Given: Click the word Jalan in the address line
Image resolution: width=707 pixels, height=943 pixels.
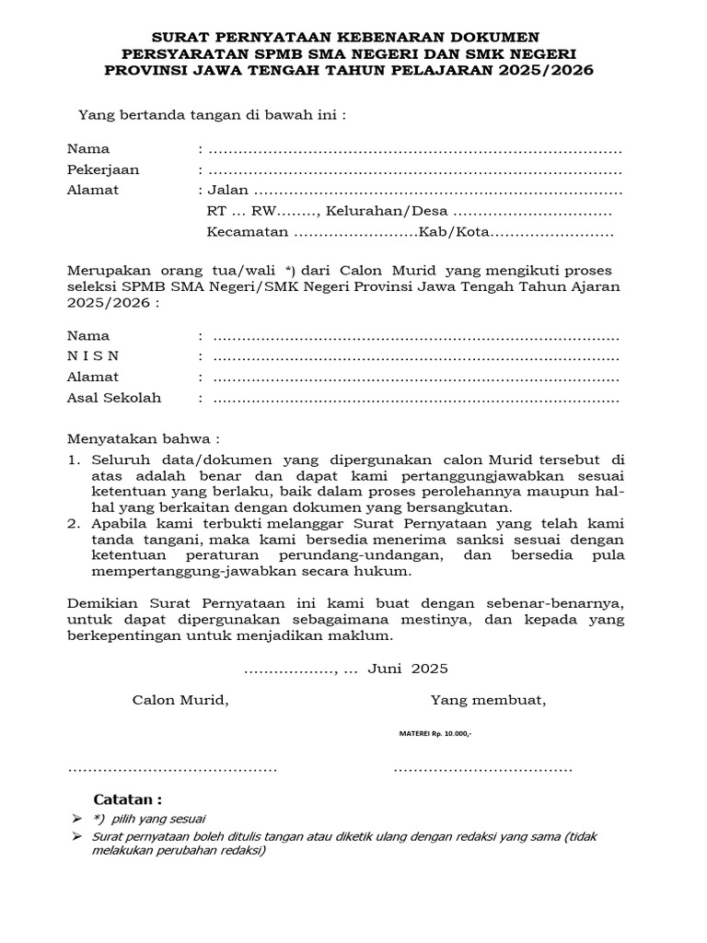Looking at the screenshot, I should coord(228,191).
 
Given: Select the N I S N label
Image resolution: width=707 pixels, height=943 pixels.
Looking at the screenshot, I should coord(92,356).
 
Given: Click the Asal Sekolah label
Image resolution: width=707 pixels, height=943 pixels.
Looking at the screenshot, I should coord(113,398).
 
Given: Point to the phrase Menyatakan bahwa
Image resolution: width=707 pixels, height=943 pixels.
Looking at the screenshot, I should coord(143,438).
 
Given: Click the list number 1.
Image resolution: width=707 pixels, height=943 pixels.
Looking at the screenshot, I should coord(73,459).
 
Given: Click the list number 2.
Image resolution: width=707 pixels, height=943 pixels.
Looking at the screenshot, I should coord(73,522).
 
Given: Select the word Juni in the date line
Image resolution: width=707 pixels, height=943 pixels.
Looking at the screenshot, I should coord(386,668).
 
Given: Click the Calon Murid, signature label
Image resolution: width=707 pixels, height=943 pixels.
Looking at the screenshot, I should coord(180,700).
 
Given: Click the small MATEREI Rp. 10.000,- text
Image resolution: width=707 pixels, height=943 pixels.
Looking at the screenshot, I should coord(435,733).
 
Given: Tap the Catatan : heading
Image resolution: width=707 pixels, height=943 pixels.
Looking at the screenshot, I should coord(128,798).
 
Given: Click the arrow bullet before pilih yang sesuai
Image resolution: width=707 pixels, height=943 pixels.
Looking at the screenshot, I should coord(75,819).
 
